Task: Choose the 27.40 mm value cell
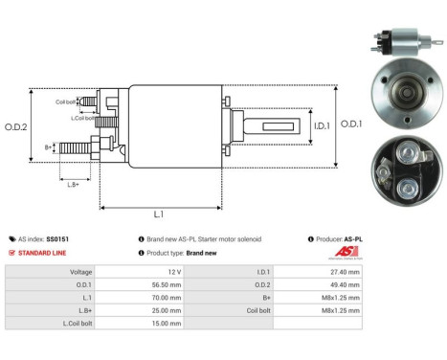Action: (x=346, y=271)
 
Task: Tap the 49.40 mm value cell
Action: (x=346, y=283)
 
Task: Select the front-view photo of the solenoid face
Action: (x=402, y=98)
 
